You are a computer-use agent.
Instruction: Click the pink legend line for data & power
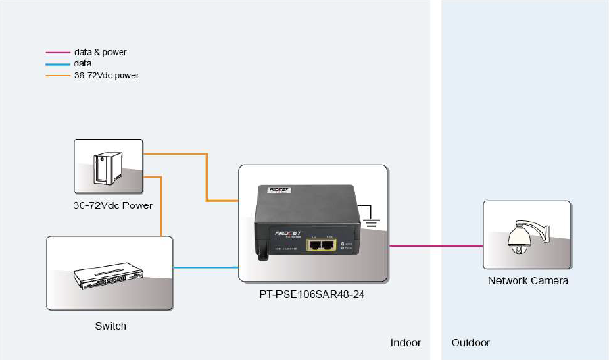57,52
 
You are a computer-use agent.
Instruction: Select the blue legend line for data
57,63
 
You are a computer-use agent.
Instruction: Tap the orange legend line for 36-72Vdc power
57,76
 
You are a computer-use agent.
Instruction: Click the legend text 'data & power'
100,52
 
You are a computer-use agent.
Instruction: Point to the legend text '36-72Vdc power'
106,76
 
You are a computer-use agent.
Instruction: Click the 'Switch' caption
110,326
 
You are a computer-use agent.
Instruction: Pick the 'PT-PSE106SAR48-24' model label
312,294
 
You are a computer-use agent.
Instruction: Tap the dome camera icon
521,237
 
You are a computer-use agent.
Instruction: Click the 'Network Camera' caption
528,281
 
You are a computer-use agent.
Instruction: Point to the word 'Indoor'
406,343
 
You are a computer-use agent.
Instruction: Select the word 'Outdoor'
470,343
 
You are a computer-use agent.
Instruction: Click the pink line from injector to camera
436,246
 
